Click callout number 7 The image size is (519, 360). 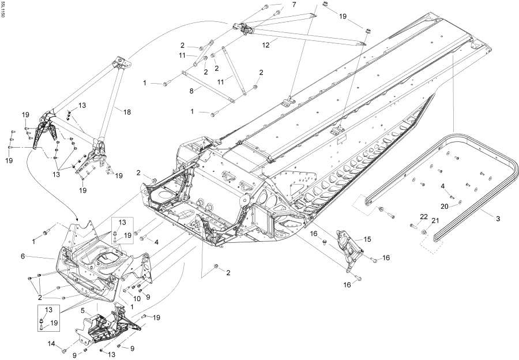(x=294, y=5)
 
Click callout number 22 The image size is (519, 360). (x=423, y=216)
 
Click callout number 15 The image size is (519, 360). (x=367, y=239)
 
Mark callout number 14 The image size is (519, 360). (x=51, y=344)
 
